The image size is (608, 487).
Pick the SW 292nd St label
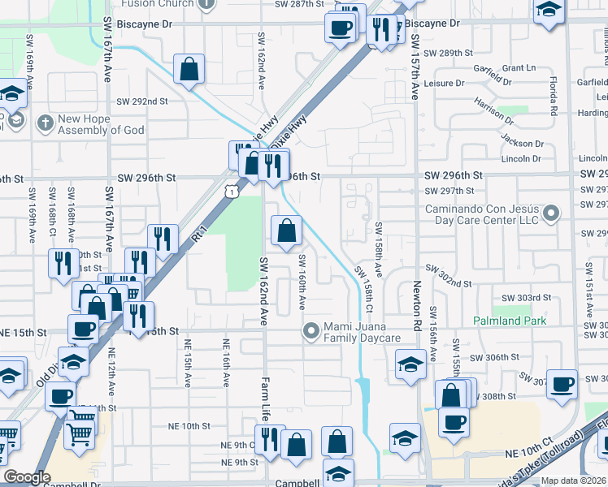coord(141,101)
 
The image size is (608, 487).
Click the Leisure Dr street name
coord(455,82)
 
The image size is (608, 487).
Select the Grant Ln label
coord(519,67)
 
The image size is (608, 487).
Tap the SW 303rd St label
coord(521,299)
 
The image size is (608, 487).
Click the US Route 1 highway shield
coord(232,191)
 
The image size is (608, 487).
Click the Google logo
coord(27,477)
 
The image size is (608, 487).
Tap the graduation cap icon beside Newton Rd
coord(410,363)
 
